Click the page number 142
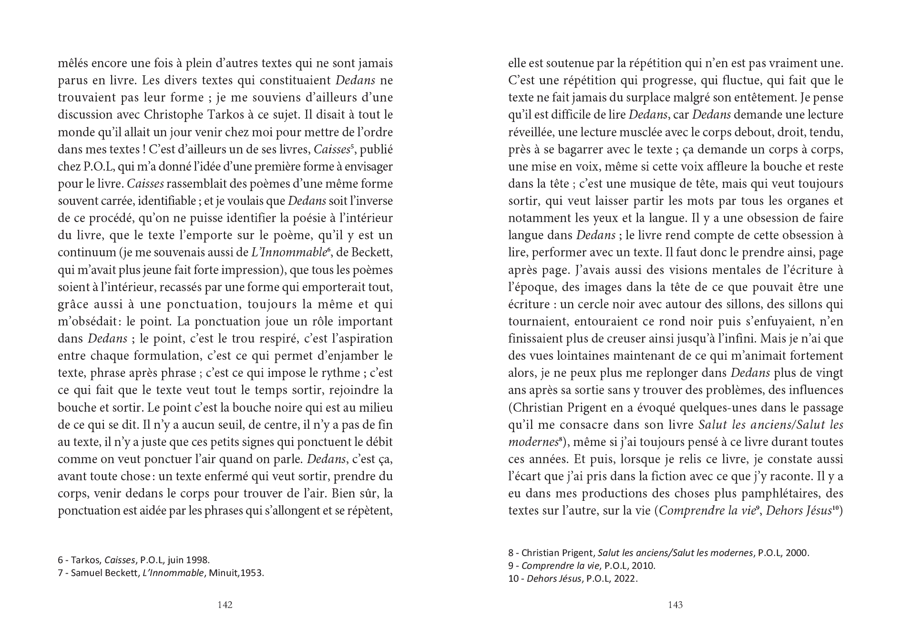(x=225, y=605)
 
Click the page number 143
(x=675, y=605)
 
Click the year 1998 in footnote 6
(x=198, y=560)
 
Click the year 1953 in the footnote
(x=253, y=573)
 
